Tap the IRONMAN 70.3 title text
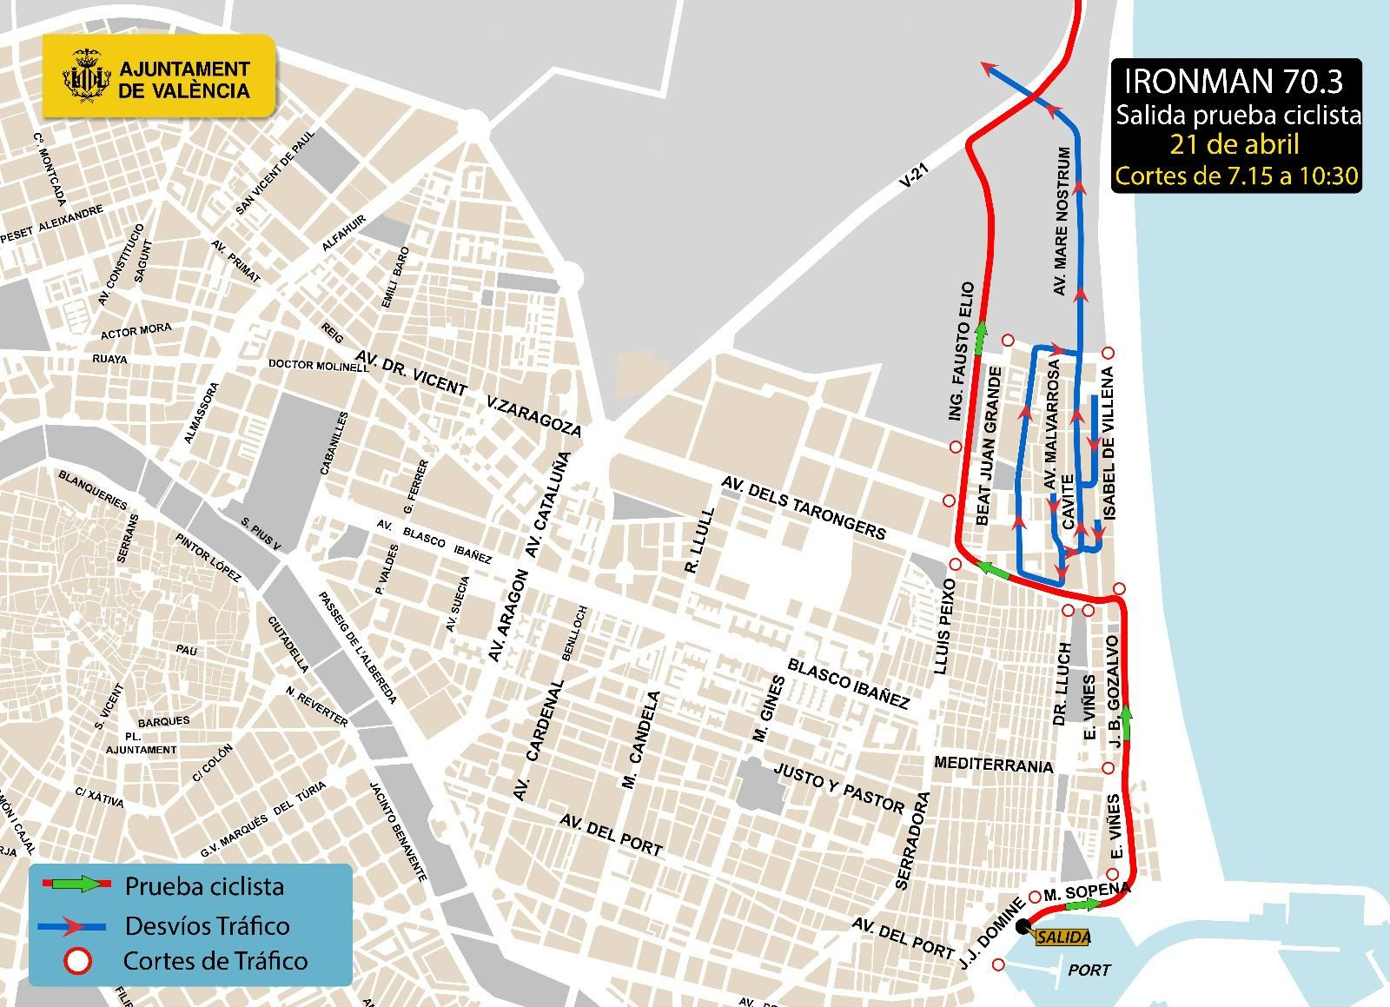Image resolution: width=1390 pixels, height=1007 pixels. point(1234,81)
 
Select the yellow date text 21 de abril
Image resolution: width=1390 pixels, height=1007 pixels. point(1234,144)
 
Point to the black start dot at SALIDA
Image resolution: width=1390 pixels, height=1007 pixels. point(1023,924)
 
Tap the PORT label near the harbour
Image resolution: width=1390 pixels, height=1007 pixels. point(1089,970)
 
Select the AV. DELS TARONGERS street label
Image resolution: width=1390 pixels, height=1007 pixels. point(804,507)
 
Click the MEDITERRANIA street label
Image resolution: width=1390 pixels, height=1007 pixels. point(993,764)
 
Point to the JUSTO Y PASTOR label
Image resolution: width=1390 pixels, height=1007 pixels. point(838,788)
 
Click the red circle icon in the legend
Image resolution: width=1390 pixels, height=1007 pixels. point(77,962)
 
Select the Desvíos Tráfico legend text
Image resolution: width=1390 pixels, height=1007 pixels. point(207,926)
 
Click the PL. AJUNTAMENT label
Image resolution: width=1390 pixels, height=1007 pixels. point(141,742)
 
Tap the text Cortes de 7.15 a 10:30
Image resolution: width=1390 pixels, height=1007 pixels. point(1235,176)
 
